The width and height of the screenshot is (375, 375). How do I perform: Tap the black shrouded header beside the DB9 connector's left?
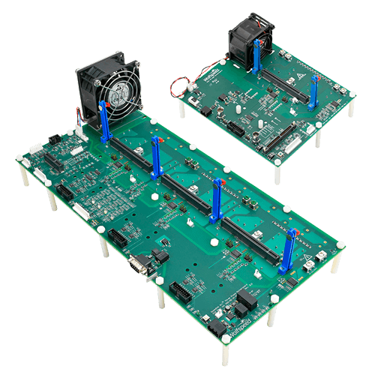(x=118, y=238)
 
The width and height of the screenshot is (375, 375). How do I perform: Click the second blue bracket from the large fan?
(x=157, y=159)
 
